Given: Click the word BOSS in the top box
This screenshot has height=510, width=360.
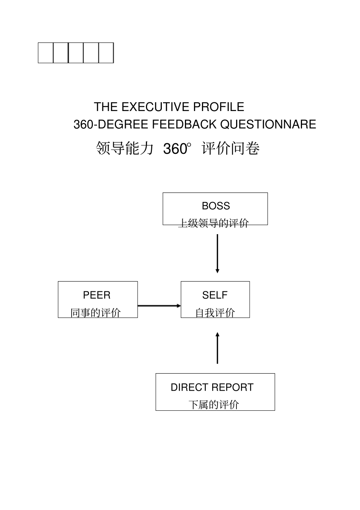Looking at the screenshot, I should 216,206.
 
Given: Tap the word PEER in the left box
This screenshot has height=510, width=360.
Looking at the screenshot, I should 97,295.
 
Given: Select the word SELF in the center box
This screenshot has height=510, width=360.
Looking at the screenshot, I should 215,295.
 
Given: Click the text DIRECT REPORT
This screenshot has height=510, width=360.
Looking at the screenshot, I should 212,387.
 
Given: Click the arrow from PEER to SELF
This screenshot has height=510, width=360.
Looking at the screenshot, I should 159,305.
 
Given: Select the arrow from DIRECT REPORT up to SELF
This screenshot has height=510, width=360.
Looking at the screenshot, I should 217,348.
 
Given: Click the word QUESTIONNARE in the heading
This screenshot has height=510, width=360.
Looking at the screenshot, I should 268,124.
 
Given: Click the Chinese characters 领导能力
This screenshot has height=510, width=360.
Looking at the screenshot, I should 125,149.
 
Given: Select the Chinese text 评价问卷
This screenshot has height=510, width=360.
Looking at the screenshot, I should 230,149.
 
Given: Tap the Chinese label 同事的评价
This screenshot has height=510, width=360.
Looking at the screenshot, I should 95,313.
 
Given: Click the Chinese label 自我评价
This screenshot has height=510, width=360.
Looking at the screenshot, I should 215,313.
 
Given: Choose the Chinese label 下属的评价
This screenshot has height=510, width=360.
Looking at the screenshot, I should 214,405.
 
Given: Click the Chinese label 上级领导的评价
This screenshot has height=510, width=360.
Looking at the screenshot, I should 213,223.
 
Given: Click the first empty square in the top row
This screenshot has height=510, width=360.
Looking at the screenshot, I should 45,53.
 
